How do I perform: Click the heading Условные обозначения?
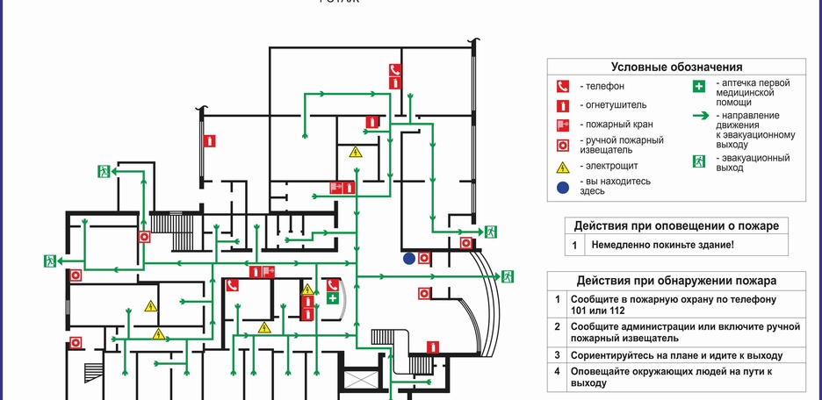point(676,68)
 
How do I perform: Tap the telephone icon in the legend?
point(562,86)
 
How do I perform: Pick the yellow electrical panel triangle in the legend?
point(562,166)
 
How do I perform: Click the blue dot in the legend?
point(562,186)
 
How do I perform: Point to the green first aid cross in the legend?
point(699,86)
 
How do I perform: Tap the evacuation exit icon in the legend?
point(699,161)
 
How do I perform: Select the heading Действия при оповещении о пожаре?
point(676,225)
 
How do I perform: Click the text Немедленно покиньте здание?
point(662,246)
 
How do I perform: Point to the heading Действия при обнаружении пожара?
point(676,281)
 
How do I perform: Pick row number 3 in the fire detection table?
point(557,355)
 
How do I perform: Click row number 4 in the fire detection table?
point(557,371)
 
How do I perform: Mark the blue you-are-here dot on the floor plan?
point(408,259)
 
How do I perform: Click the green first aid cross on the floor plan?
point(333,298)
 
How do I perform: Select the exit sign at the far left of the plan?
point(50,261)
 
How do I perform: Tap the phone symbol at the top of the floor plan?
point(395,70)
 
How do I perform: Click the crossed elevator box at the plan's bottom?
point(361,382)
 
